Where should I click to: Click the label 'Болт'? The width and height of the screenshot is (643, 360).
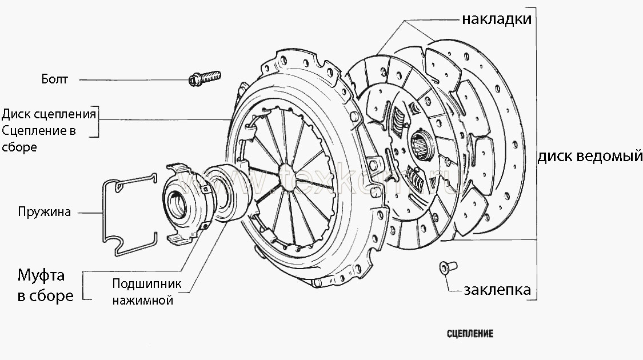pyautogui.click(x=54, y=79)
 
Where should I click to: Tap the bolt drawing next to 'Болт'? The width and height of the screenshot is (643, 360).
pyautogui.click(x=203, y=78)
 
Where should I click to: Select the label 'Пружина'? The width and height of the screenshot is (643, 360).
pyautogui.click(x=44, y=213)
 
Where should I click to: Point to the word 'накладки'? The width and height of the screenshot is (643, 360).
pyautogui.click(x=497, y=19)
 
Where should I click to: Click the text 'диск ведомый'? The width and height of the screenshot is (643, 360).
pyautogui.click(x=590, y=156)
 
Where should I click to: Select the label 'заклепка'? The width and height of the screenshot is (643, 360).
pyautogui.click(x=497, y=289)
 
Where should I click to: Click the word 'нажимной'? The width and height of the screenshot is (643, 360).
pyautogui.click(x=142, y=299)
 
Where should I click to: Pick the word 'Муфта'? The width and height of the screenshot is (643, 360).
pyautogui.click(x=41, y=276)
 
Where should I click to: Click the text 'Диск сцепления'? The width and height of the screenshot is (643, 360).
pyautogui.click(x=49, y=113)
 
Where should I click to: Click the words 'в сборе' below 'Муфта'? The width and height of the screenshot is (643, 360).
pyautogui.click(x=45, y=296)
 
